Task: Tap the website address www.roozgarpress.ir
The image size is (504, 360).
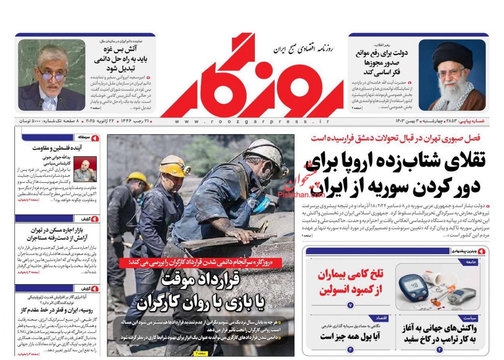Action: pyautogui.click(x=252, y=121)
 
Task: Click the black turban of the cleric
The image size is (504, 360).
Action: pyautogui.click(x=452, y=54)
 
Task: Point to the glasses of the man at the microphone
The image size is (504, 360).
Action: pyautogui.click(x=52, y=75)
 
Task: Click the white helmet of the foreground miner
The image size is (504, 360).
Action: pyautogui.click(x=266, y=151)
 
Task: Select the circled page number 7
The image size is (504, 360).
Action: pyautogui.click(x=350, y=306)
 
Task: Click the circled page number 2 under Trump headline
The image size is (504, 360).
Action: pyautogui.click(x=439, y=350)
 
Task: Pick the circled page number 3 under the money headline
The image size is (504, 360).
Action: pyautogui.click(x=350, y=350)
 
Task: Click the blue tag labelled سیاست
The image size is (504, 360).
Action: pyautogui.click(x=470, y=318)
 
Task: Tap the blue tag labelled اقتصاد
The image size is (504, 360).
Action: pyautogui.click(x=381, y=318)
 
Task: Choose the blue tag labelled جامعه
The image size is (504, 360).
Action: pyautogui.click(x=471, y=262)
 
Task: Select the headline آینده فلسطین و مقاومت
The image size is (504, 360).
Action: pyautogui.click(x=57, y=148)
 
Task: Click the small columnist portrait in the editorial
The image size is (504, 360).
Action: pyautogui.click(x=85, y=169)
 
